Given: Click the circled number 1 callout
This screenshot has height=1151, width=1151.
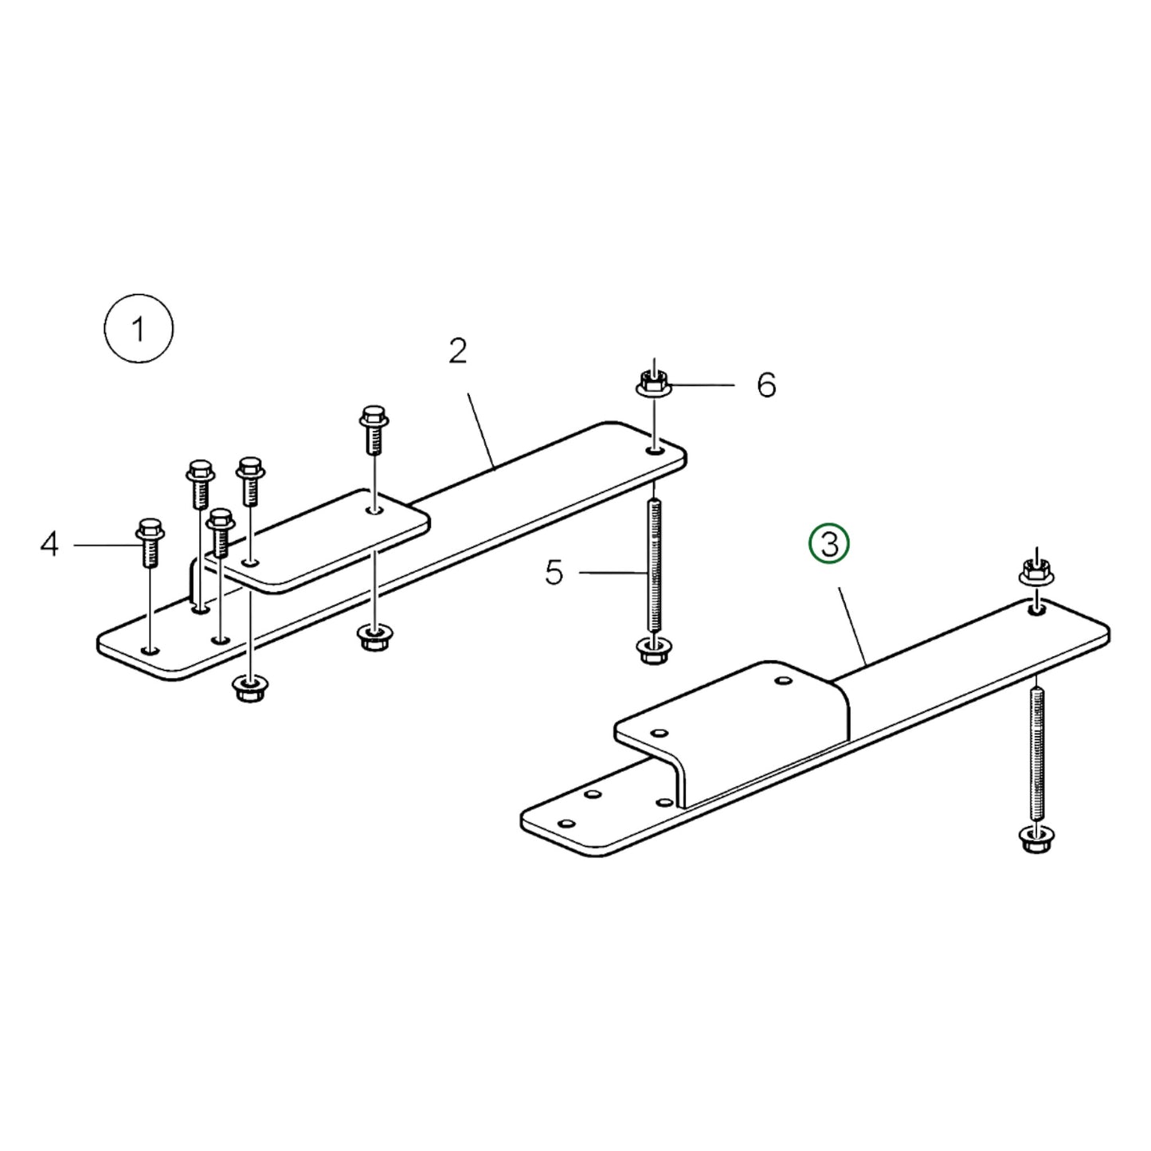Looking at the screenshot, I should click(x=139, y=329).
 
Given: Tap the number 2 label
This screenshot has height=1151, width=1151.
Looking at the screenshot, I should click(x=457, y=351).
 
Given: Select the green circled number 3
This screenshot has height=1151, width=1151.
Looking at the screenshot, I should click(x=829, y=545).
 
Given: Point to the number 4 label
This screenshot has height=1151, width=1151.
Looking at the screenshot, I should click(x=50, y=546).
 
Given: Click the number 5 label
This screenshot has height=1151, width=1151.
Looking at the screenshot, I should click(x=554, y=572).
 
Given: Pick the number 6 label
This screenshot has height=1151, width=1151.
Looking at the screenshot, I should click(x=765, y=385).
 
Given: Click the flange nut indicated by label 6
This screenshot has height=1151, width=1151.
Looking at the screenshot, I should click(x=654, y=384).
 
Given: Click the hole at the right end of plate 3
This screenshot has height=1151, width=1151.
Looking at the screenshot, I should click(x=1037, y=610).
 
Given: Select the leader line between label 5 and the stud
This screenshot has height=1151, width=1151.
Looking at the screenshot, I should click(x=609, y=572).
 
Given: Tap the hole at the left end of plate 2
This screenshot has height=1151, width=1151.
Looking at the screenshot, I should click(x=151, y=651).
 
